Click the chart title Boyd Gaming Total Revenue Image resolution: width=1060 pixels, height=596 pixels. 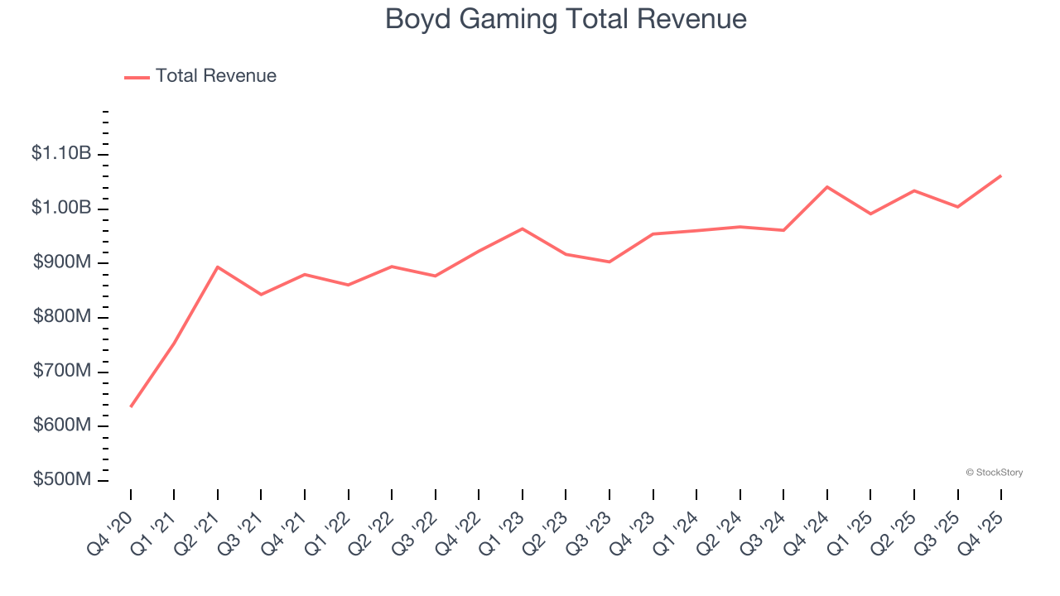pyautogui.click(x=566, y=19)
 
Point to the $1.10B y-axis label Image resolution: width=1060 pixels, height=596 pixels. pyautogui.click(x=61, y=153)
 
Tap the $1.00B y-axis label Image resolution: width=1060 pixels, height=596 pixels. pyautogui.click(x=61, y=208)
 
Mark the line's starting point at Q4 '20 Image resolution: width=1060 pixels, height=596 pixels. pyautogui.click(x=131, y=406)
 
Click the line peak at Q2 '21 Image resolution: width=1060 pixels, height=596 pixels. pyautogui.click(x=217, y=267)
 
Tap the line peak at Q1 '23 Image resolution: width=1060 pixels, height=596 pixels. pyautogui.click(x=523, y=228)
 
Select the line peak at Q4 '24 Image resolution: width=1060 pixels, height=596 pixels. pyautogui.click(x=827, y=187)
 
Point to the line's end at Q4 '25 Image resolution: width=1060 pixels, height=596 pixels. pyautogui.click(x=1001, y=175)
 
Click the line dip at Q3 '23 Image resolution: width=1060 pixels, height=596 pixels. pyautogui.click(x=609, y=262)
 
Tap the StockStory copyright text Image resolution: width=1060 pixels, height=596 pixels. pyautogui.click(x=994, y=473)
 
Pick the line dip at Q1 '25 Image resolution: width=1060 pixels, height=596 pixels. pyautogui.click(x=870, y=214)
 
